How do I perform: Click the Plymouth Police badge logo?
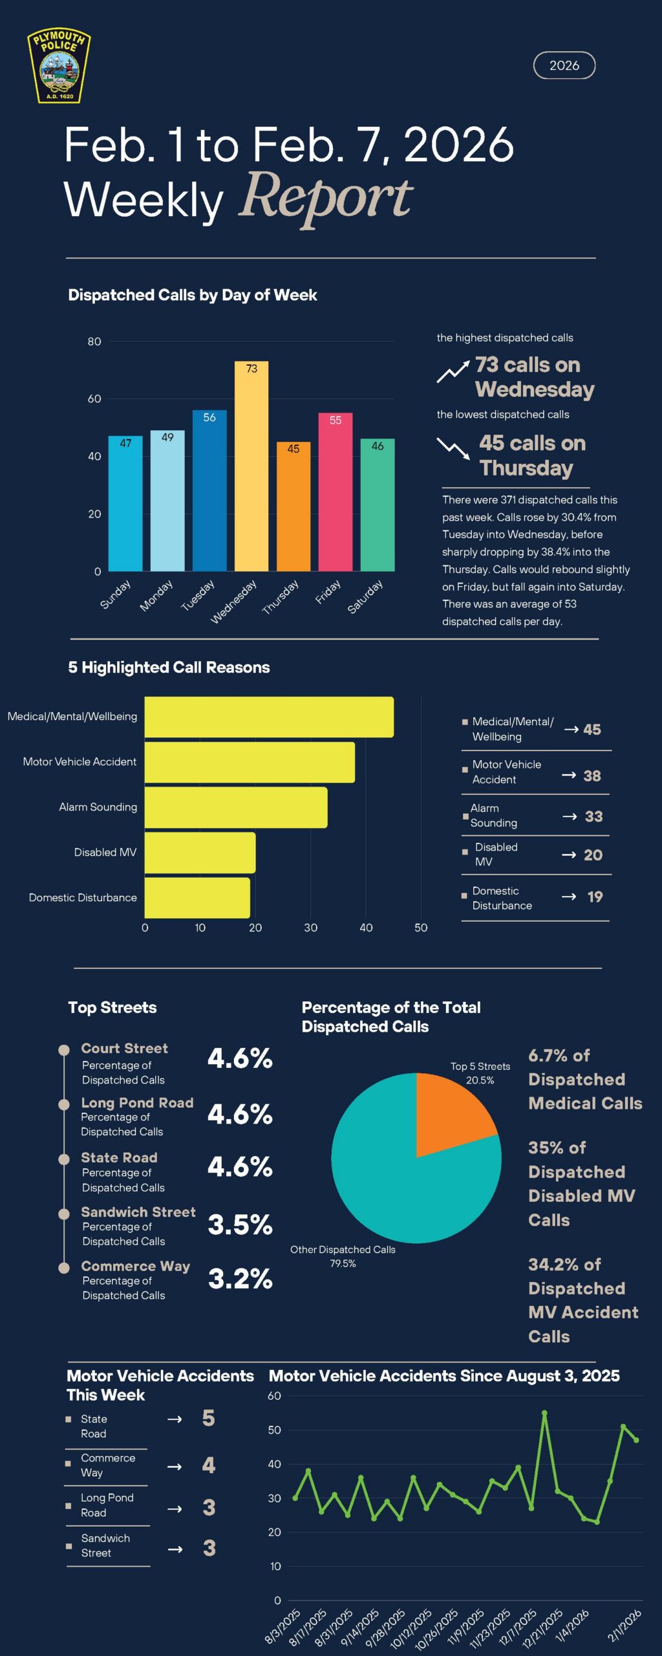59,66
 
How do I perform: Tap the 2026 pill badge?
564,65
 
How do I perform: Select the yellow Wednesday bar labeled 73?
251,466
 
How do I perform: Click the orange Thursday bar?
294,507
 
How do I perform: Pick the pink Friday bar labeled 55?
336,492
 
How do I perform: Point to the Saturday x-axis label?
365,596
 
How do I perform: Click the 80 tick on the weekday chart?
94,342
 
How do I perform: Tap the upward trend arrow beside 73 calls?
453,372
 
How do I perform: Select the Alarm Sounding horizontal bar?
236,807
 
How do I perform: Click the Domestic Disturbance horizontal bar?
197,898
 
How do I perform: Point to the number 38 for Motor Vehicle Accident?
592,776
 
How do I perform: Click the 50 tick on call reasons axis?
421,928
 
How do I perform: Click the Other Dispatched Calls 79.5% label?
343,1256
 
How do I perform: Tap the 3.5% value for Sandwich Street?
240,1225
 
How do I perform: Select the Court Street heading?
124,1048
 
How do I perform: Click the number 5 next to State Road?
208,1418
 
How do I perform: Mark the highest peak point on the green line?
544,1413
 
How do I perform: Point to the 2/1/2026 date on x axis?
625,1625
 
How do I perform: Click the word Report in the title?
326,197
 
